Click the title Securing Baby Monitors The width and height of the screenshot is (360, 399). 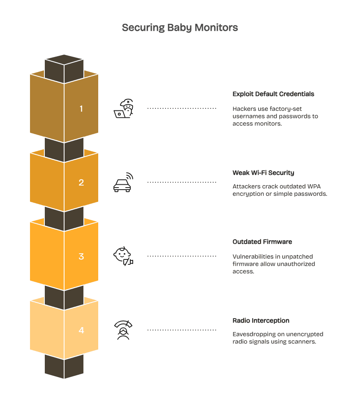pos(180,28)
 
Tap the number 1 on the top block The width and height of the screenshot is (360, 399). pos(81,109)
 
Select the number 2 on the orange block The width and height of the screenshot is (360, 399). pos(81,183)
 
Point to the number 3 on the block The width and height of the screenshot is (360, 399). pos(81,257)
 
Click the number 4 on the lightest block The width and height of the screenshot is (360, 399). pos(81,330)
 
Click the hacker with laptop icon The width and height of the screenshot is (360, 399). pos(124,109)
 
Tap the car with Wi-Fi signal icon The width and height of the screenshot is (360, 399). pos(123,183)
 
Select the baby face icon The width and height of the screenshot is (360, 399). pos(123,257)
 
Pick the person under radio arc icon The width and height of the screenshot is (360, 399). pos(123,330)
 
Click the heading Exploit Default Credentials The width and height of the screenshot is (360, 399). pos(273,94)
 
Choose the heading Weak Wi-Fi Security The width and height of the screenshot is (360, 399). pos(263,173)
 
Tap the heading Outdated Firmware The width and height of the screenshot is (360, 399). pos(262,242)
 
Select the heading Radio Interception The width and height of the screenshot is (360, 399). pos(261,321)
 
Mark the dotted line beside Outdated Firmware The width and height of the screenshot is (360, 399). pos(182,256)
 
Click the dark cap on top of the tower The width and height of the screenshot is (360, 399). pos(64,66)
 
